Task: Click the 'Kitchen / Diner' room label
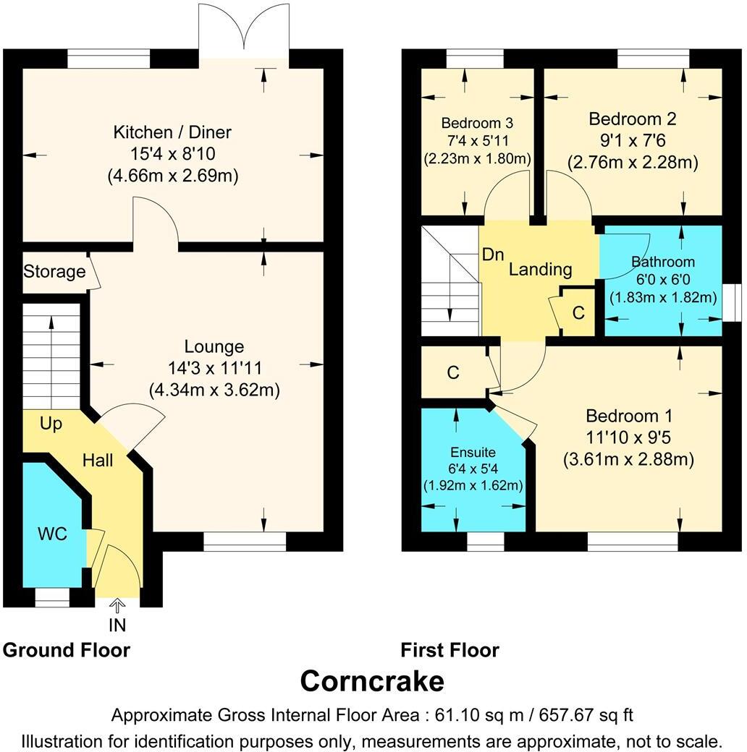click(x=172, y=132)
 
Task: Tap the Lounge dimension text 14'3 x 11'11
click(x=214, y=368)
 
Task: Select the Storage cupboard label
click(x=54, y=272)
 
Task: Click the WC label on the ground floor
click(x=52, y=534)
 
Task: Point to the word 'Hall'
click(x=97, y=460)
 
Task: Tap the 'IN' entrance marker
click(x=117, y=624)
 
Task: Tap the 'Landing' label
click(x=540, y=270)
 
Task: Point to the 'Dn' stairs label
click(x=493, y=255)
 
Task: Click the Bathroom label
click(x=662, y=262)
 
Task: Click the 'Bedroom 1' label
click(x=629, y=416)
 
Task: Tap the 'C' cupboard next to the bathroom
click(x=578, y=313)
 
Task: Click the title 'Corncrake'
click(x=372, y=681)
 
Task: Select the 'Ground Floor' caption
click(x=67, y=650)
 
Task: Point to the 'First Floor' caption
click(x=450, y=650)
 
